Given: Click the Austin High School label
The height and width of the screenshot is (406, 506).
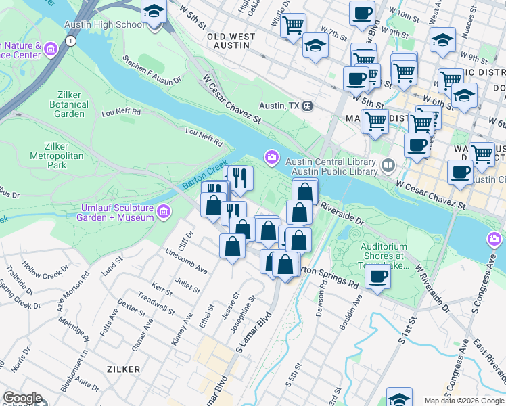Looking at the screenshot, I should tap(104, 24).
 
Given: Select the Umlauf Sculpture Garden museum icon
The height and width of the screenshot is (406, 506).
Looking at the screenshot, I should tap(163, 212).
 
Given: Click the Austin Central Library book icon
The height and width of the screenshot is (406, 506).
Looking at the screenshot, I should tap(388, 164).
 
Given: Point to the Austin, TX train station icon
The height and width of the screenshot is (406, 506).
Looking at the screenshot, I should tap(307, 106).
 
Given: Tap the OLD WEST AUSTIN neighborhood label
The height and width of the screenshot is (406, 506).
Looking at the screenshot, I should tap(231, 41).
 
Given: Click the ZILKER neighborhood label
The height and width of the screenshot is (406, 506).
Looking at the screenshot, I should tap(123, 369).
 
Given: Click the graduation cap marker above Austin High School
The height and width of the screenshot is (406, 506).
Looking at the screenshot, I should tap(154, 12).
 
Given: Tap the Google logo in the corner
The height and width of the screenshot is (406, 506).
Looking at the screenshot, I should tap(22, 399).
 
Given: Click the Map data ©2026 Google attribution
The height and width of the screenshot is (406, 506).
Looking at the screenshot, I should tap(464, 401).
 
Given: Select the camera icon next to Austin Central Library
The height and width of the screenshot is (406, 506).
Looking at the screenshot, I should tap(272, 158).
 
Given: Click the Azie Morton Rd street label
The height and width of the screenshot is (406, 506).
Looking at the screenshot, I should tap(74, 292).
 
